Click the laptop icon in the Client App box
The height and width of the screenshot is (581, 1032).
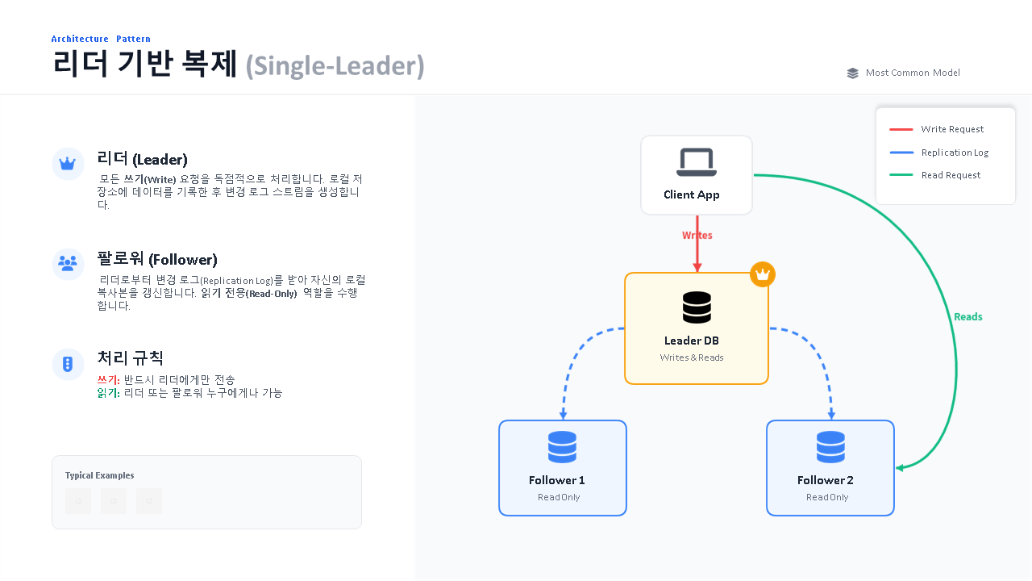tap(696, 162)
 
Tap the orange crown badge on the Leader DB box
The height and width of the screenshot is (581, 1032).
tap(763, 274)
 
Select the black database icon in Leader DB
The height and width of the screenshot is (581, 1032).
tap(697, 307)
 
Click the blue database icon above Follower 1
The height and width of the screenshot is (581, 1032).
tap(562, 447)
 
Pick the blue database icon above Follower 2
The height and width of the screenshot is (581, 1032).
tap(830, 447)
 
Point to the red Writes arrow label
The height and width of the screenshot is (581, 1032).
tap(697, 236)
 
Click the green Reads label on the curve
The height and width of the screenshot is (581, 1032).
tap(967, 317)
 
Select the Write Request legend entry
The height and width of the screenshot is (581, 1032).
tap(952, 129)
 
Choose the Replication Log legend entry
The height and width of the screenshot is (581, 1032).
tap(955, 153)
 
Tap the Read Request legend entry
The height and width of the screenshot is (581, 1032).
tap(951, 175)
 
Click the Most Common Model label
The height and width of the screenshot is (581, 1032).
tap(913, 73)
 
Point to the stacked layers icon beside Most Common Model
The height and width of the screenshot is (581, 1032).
tap(853, 73)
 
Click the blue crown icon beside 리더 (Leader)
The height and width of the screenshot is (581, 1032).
tap(68, 164)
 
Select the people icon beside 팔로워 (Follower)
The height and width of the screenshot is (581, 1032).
tap(68, 263)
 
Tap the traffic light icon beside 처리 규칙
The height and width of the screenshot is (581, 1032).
tap(68, 364)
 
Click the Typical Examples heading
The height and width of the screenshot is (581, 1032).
tap(100, 475)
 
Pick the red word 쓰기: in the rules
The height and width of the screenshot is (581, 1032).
tap(108, 380)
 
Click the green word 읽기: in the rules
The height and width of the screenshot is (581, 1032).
tap(108, 393)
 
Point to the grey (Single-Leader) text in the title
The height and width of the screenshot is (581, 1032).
tap(335, 65)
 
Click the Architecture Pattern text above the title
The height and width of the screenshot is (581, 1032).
tap(101, 39)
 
